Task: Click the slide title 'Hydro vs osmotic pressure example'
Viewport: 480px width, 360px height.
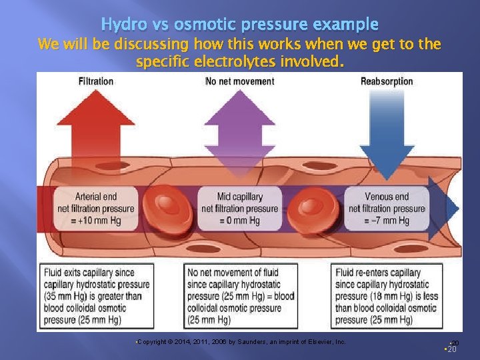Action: [x=239, y=25]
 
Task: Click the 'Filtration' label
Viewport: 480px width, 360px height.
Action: [x=96, y=81]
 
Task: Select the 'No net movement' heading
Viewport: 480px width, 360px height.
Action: [x=239, y=81]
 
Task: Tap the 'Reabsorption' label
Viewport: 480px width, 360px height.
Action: [x=387, y=81]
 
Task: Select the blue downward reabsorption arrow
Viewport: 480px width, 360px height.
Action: [x=387, y=127]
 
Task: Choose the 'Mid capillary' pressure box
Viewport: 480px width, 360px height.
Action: [x=239, y=209]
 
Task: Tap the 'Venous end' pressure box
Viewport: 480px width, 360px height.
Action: [x=387, y=209]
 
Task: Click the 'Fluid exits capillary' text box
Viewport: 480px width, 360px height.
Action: [x=97, y=296]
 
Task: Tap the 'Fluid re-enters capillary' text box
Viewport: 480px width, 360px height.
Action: [x=387, y=296]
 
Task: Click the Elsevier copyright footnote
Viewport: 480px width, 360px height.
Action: [x=241, y=341]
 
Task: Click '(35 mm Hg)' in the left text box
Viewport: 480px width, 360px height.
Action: [x=65, y=296]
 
